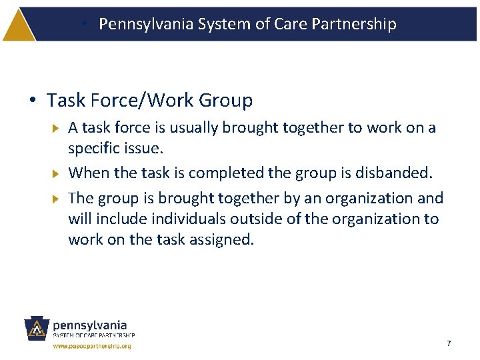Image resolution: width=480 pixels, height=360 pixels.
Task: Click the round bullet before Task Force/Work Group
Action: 33,101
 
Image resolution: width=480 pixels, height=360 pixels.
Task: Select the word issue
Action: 143,147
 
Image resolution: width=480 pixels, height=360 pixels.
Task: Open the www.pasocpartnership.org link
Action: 92,346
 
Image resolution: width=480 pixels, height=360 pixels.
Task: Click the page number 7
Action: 449,343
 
